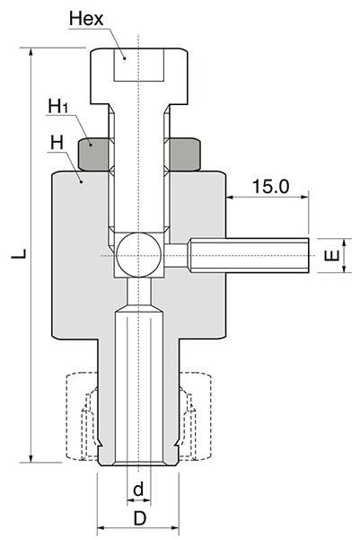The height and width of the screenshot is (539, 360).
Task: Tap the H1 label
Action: [x=57, y=107]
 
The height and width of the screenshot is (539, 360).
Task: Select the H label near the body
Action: [x=56, y=142]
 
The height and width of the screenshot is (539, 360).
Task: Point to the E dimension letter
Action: [x=332, y=256]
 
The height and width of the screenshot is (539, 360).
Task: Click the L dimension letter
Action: [x=16, y=256]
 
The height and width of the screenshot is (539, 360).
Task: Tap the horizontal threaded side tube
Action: [x=247, y=256]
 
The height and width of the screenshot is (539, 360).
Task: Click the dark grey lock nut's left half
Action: [x=94, y=155]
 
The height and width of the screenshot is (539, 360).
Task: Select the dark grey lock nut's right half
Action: [x=185, y=155]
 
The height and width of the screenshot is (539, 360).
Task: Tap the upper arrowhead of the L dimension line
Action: [x=31, y=52]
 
